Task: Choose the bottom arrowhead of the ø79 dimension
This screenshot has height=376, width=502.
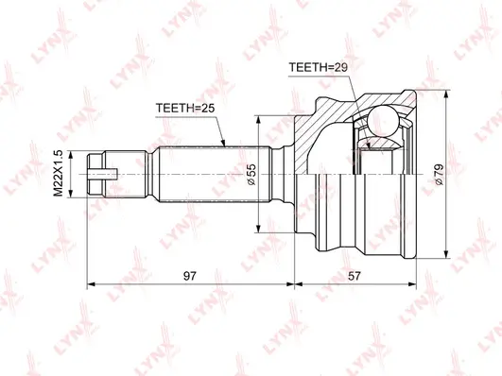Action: (444, 252)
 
